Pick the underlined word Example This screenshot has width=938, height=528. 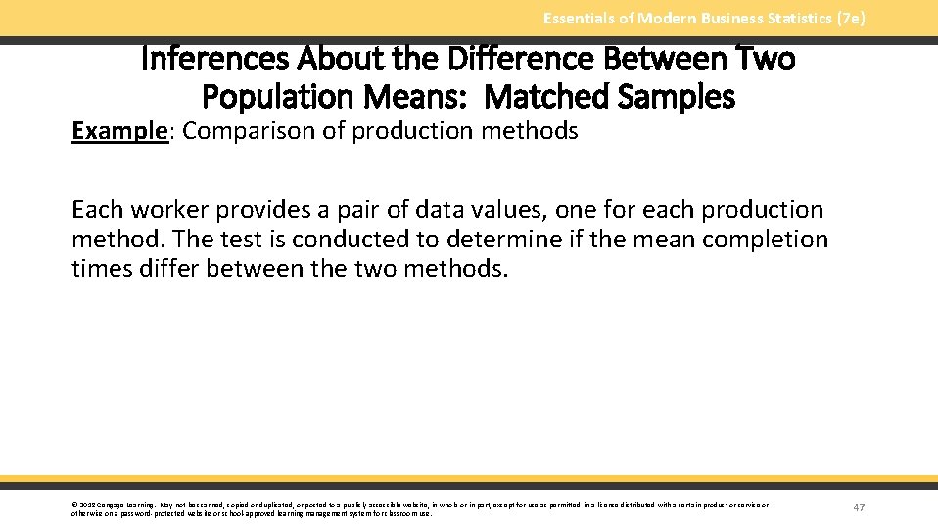pos(117,131)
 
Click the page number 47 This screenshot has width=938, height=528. pos(859,507)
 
